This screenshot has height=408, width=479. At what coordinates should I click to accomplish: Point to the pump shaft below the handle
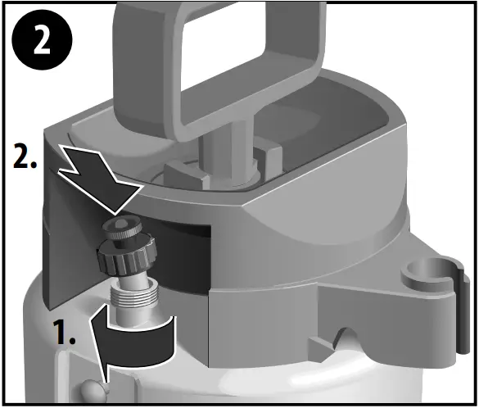point(226,152)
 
